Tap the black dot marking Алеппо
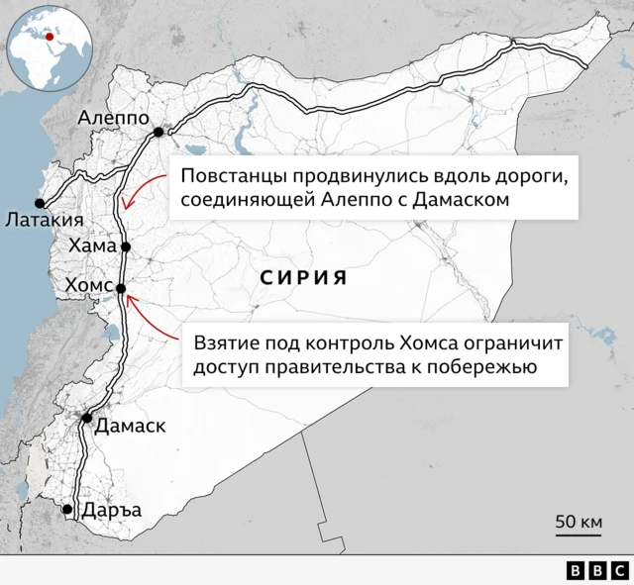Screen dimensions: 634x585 click(x=158, y=132)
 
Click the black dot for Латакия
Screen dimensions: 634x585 click(x=41, y=198)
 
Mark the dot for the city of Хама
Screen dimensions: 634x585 click(x=126, y=247)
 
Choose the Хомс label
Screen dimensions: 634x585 click(x=89, y=286)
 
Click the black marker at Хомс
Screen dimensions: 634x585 click(x=121, y=289)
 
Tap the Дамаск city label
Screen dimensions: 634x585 click(x=131, y=426)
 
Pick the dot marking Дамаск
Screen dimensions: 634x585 click(x=87, y=419)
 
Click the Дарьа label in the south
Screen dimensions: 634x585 click(x=114, y=510)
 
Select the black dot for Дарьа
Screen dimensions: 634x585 click(x=67, y=510)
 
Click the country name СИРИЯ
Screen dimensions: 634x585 click(x=303, y=277)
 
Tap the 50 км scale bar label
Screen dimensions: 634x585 click(x=579, y=521)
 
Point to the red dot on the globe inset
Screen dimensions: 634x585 click(x=51, y=36)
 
